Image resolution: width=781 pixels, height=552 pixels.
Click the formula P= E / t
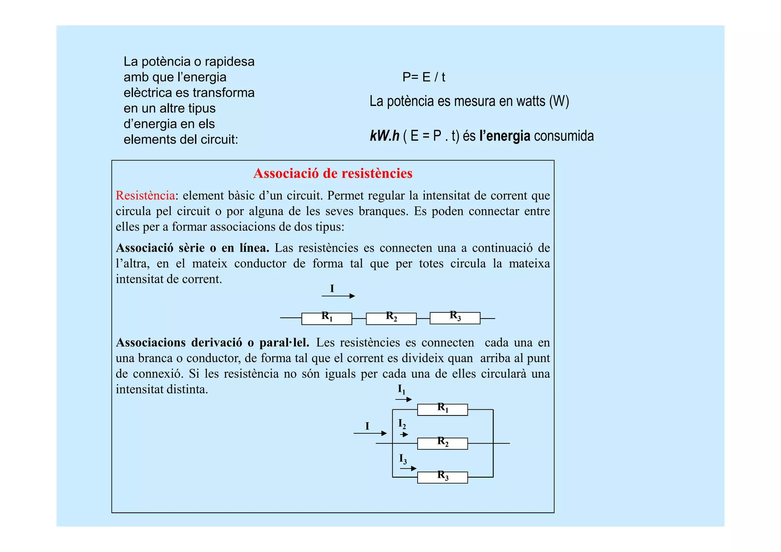423,77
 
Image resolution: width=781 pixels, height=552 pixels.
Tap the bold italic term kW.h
384,136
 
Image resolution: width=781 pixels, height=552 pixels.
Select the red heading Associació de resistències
333,173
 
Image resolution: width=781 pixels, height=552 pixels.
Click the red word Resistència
145,195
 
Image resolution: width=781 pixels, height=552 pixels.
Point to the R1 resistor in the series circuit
326,319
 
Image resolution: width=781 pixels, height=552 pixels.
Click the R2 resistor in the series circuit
391,319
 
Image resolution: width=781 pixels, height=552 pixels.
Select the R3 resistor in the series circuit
455,318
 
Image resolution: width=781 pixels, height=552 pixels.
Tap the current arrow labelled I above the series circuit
338,296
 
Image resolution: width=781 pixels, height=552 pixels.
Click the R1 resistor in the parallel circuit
442,410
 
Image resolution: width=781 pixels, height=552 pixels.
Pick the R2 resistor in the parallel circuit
442,444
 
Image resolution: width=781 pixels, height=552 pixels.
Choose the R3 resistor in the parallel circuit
442,477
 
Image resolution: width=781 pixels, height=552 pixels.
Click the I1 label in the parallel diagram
402,389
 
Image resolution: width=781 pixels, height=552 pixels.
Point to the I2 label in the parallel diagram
402,424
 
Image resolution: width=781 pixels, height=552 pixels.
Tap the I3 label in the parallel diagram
403,459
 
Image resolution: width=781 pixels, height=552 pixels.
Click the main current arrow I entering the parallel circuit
370,433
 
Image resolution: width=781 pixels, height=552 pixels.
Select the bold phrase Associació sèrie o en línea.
193,248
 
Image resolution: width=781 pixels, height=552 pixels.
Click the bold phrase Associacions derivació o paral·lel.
212,342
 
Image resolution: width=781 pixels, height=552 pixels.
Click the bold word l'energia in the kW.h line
505,136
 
